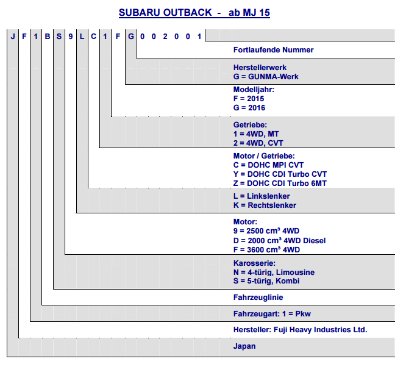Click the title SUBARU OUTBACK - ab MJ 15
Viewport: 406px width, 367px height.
pyautogui.click(x=194, y=12)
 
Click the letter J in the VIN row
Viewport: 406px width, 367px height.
pyautogui.click(x=13, y=37)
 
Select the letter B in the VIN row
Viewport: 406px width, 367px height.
pyautogui.click(x=48, y=37)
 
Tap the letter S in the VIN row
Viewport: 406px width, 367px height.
pyautogui.click(x=59, y=37)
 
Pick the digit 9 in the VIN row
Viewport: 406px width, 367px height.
pyautogui.click(x=71, y=37)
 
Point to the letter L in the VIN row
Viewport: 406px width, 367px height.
pyautogui.click(x=82, y=37)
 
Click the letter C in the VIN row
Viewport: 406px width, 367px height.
pyautogui.click(x=93, y=37)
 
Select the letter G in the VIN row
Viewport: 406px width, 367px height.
pyautogui.click(x=131, y=37)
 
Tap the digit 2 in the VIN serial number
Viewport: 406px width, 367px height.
pyautogui.click(x=165, y=37)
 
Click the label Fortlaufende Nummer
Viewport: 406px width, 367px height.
pyautogui.click(x=273, y=50)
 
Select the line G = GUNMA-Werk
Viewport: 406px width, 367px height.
pyautogui.click(x=266, y=77)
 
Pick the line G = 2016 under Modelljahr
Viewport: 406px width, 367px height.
pyautogui.click(x=249, y=108)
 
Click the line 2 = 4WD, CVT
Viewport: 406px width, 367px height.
pyautogui.click(x=258, y=143)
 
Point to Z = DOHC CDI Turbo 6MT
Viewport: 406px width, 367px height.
pyautogui.click(x=280, y=184)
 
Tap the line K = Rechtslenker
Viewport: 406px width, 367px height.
pyautogui.click(x=265, y=205)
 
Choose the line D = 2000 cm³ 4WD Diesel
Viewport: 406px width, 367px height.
pyautogui.click(x=279, y=241)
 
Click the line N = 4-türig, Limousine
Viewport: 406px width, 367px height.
pyautogui.click(x=274, y=273)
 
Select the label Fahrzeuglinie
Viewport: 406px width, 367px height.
pyautogui.click(x=258, y=298)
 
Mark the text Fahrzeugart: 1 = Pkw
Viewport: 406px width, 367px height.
pyautogui.click(x=272, y=314)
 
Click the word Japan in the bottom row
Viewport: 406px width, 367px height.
pyautogui.click(x=244, y=346)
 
